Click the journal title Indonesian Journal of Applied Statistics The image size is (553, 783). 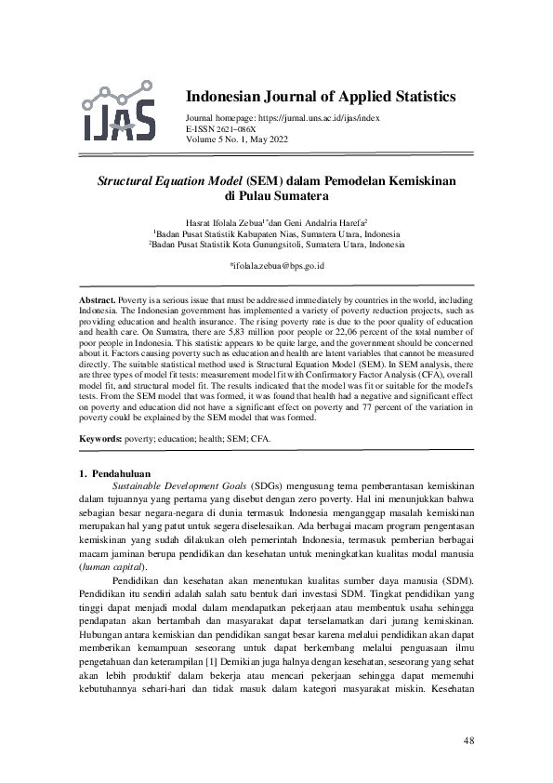point(321,97)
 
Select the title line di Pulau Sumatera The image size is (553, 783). point(276,196)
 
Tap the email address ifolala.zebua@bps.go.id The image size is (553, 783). point(276,265)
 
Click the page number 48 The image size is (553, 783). point(467,740)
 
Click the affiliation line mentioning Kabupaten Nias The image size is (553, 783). point(276,235)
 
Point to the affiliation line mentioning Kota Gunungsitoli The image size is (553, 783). point(276,246)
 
